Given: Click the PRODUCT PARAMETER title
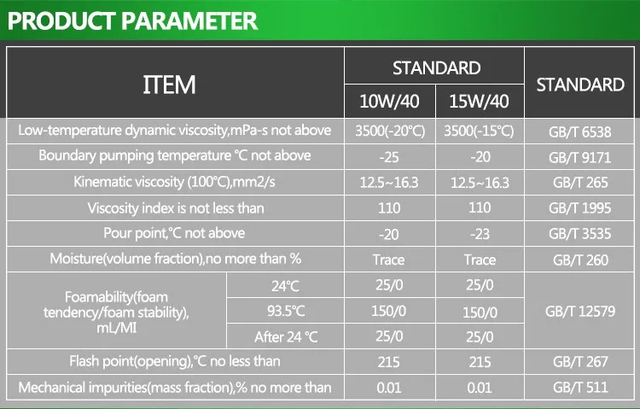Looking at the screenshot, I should coord(132,20).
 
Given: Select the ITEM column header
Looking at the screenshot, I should coord(168,85).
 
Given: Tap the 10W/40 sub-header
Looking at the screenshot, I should coord(389,103).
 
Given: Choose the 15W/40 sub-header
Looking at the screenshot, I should coord(479,103).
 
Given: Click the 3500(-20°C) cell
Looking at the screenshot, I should coord(388,131).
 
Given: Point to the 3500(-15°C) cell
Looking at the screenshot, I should coord(479,131).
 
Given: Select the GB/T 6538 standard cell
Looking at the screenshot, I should coord(579,132).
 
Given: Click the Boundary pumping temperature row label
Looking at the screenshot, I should coord(175,156).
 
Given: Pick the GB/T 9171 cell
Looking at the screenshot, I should coord(579,157).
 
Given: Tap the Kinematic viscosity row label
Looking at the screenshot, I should coord(175,182).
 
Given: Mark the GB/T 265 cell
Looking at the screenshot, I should coord(579,183).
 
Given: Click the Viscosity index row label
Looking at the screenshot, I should coord(175,207).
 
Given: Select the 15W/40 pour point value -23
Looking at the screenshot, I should coord(479,233).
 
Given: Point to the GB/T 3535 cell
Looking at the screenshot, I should coord(579,234).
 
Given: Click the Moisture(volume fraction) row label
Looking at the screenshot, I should coord(175,260).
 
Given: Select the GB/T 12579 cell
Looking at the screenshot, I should coord(579,312).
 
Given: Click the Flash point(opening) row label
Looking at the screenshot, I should coord(175,362).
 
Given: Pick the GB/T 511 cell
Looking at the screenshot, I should coord(579,388).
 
